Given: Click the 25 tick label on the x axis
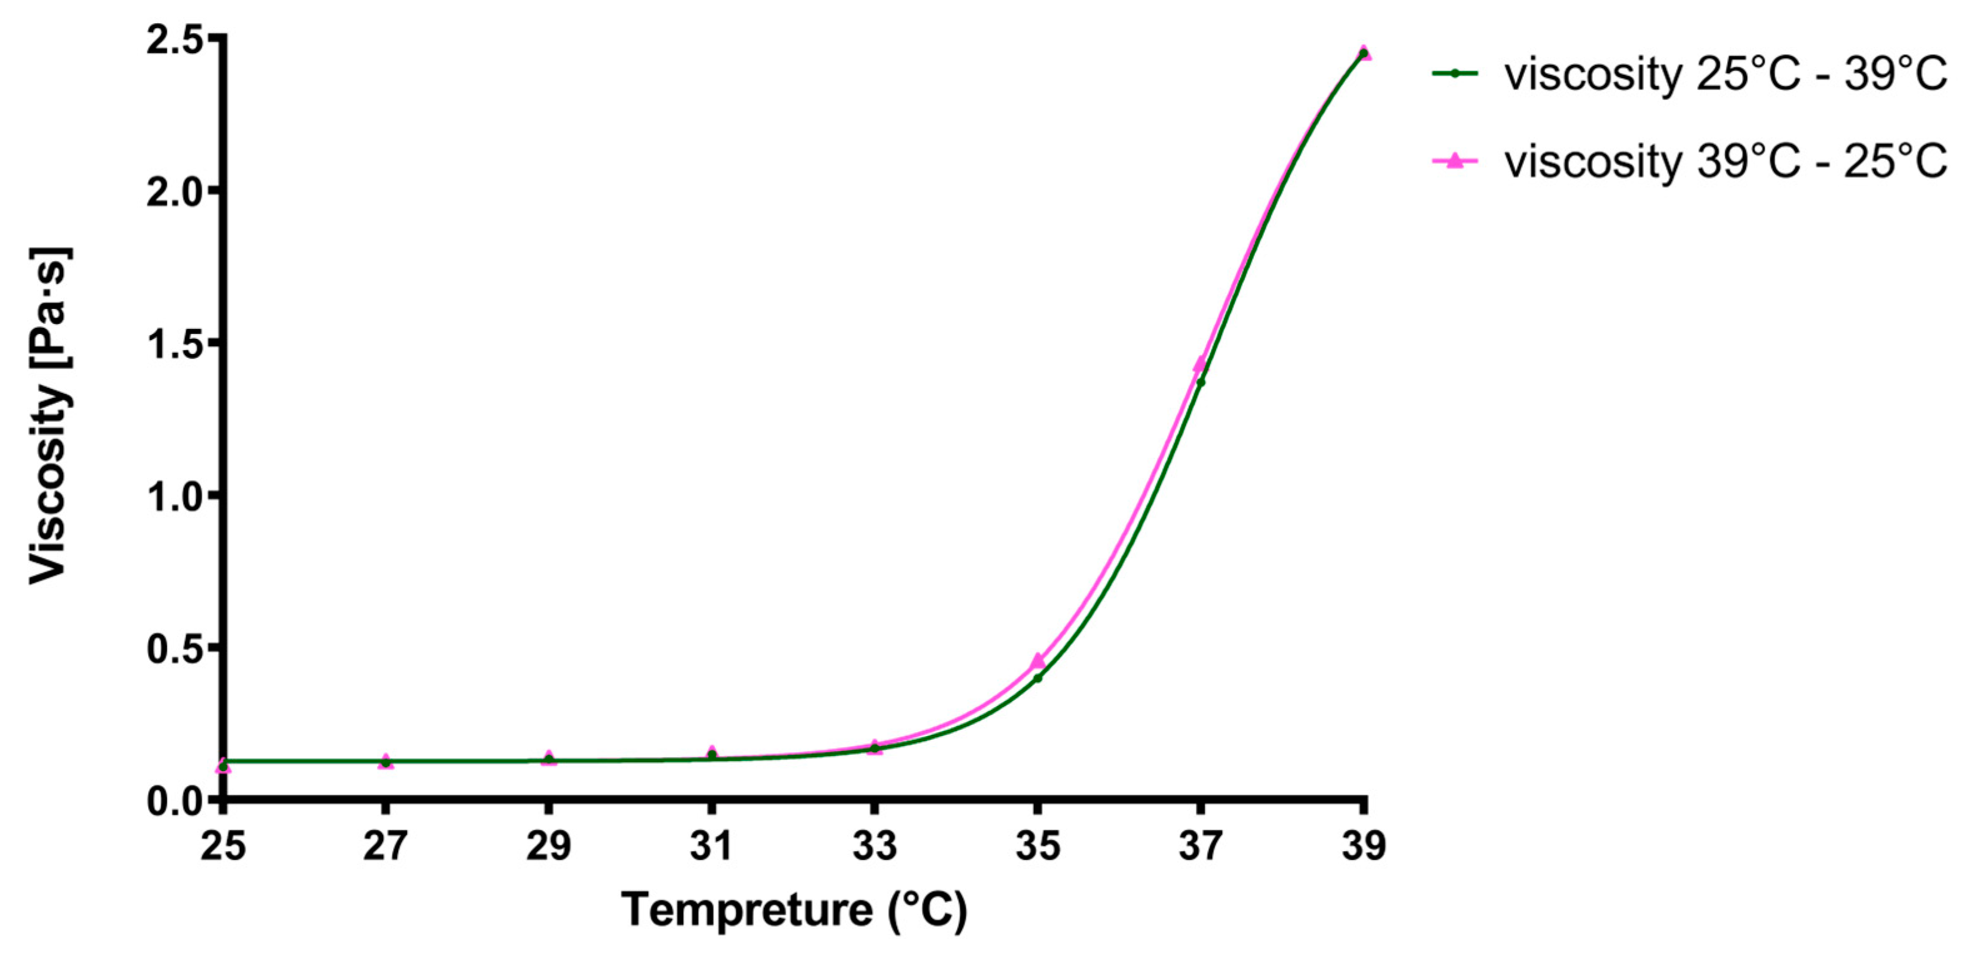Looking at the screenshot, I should tap(223, 845).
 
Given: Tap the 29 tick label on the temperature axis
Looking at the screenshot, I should tap(548, 845).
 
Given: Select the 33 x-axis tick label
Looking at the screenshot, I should tap(874, 845).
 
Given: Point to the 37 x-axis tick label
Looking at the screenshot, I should tap(1200, 845).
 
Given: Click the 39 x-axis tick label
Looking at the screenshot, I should tap(1363, 845).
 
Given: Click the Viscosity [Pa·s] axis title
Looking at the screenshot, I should tap(49, 416).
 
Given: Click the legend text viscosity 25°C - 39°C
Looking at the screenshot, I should tap(1725, 74).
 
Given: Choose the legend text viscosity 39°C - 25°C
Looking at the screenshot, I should tap(1725, 161).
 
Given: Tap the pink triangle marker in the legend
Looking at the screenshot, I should tap(1455, 160).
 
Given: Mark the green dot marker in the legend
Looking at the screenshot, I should tap(1455, 74).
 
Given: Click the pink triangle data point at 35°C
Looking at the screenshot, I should tap(1038, 660).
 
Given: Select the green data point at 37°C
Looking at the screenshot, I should tap(1201, 381).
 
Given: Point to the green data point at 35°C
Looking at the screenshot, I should tap(1038, 678).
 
